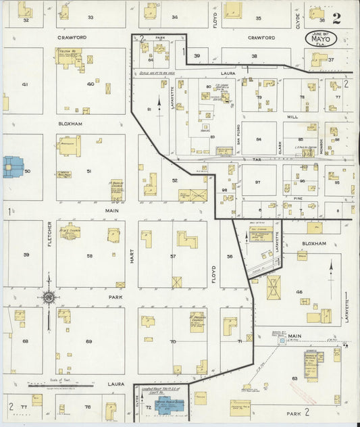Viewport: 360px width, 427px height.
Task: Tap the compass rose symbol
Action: pos(49,296)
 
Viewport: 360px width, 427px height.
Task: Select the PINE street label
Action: pos(298,199)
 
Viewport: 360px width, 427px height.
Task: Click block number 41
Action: pos(25,84)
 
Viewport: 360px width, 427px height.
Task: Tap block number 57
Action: pos(173,257)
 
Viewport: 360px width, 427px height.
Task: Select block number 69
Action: pos(88,342)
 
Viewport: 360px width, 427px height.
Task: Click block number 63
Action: pos(295,378)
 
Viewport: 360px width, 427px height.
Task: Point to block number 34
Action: pos(175,17)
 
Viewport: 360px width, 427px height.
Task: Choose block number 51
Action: pos(88,172)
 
